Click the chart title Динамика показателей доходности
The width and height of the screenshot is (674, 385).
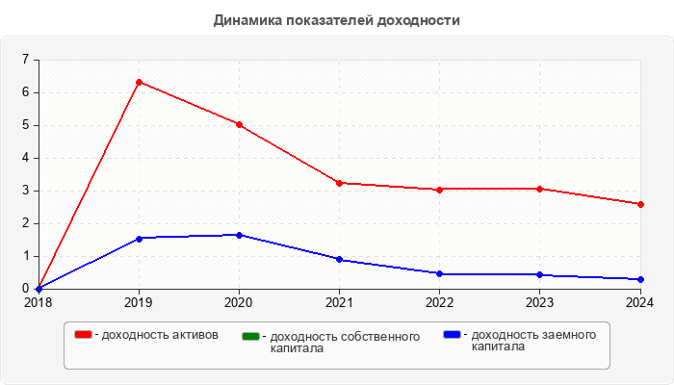point(337,19)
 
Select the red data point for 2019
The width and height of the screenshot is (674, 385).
point(139,82)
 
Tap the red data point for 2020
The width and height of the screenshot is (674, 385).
point(239,124)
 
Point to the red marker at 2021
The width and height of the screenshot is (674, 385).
point(339,183)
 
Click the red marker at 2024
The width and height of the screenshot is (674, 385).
point(639,204)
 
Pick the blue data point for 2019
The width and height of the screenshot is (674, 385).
point(139,238)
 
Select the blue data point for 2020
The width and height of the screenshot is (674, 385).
point(239,235)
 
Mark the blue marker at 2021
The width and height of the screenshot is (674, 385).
point(339,259)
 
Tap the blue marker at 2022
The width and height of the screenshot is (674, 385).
point(439,274)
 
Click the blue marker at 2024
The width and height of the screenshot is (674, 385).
point(639,279)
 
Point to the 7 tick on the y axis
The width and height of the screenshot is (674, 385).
point(25,60)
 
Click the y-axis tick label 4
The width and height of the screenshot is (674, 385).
point(25,158)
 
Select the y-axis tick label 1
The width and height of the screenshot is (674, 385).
point(25,256)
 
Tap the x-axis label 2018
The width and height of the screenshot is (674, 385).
point(39,302)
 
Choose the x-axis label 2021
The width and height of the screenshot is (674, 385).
point(339,302)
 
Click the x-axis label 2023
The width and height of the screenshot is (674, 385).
point(539,302)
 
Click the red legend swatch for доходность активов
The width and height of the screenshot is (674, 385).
point(84,335)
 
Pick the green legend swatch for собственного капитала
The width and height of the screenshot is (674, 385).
point(251,336)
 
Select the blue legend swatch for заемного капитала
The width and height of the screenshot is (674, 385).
point(452,335)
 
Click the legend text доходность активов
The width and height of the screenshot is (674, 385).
point(160,335)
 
